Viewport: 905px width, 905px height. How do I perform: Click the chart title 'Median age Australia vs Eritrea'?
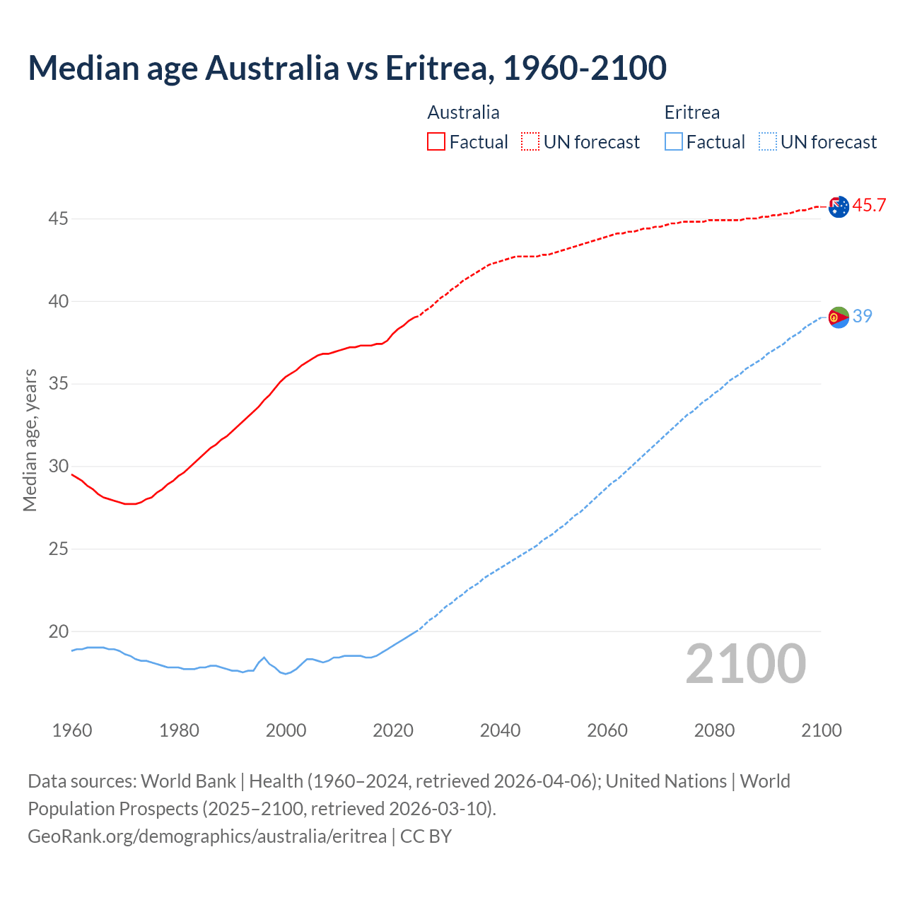pos(346,68)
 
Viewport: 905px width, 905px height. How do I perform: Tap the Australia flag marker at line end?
pos(839,206)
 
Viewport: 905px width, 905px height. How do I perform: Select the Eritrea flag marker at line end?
pos(839,317)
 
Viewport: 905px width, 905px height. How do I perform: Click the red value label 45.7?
pos(869,206)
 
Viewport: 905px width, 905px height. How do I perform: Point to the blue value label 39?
pos(862,316)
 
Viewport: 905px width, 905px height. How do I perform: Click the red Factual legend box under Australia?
pos(436,142)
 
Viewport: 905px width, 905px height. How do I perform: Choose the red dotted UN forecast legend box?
pos(530,142)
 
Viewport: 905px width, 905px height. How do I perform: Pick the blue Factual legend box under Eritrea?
pos(674,142)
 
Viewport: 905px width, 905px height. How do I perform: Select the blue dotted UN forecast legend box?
pos(767,142)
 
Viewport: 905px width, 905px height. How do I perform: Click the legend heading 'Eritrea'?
pos(691,112)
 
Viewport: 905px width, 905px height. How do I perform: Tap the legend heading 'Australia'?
pos(463,112)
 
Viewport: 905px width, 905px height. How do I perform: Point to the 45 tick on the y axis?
pos(58,219)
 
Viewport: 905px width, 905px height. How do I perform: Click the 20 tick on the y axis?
pos(58,631)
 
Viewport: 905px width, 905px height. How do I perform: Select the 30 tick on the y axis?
pos(58,467)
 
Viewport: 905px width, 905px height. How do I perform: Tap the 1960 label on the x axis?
pos(72,730)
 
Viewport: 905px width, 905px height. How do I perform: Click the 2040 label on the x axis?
pos(500,730)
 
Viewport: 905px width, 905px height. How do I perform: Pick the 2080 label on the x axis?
pos(714,730)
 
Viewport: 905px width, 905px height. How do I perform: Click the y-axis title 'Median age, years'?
pos(30,440)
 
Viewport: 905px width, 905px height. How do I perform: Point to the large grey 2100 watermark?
pos(745,664)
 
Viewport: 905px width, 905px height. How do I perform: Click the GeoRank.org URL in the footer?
pos(207,836)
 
